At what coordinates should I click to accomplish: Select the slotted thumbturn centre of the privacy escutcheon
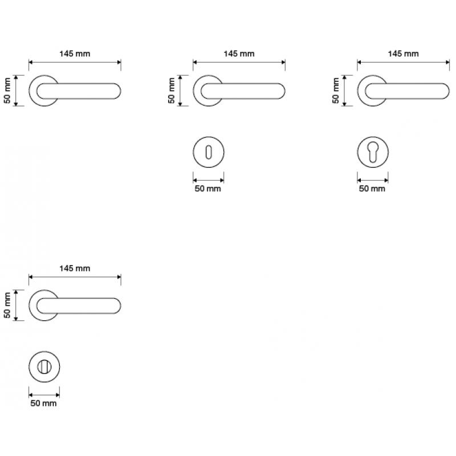coord(44,367)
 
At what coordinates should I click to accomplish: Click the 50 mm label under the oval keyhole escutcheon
coord(207,189)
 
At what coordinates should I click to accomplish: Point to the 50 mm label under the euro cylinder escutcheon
coord(372,189)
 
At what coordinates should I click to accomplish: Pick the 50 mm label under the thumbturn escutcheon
coord(43,404)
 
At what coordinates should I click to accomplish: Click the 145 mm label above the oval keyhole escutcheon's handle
coord(239,54)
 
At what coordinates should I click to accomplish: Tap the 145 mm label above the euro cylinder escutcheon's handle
coord(404,54)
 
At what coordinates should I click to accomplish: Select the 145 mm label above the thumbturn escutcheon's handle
coord(75,268)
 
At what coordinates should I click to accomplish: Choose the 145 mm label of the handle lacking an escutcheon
coord(75,54)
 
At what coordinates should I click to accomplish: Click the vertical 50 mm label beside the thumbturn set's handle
coord(8,306)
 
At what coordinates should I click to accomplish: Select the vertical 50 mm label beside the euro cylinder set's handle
coord(336,91)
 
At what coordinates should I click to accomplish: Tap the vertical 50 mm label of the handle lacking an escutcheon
coord(8,91)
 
